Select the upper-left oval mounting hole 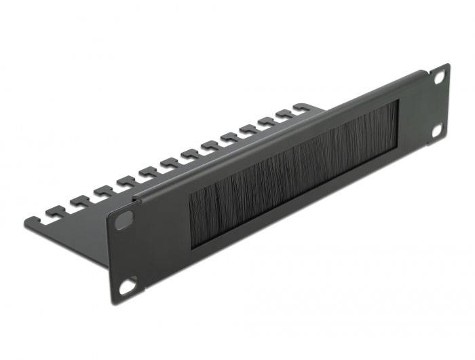tap(124, 221)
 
